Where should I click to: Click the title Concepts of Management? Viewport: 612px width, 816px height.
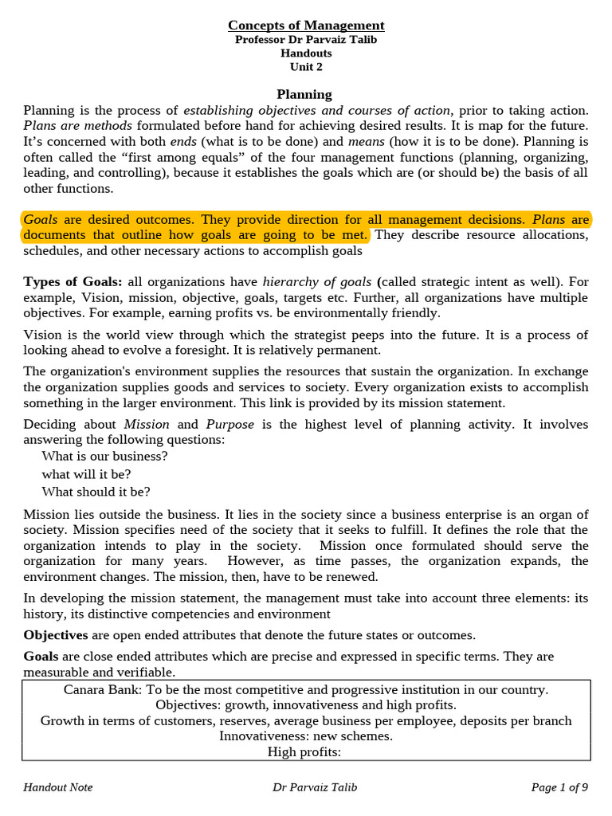point(306,25)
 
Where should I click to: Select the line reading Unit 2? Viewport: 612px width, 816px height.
point(306,67)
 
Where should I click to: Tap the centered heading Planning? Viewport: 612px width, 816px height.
point(304,95)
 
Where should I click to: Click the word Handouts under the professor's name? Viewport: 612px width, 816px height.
point(306,53)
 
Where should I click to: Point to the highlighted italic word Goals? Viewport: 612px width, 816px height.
point(41,219)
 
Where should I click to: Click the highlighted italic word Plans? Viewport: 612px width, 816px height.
point(549,219)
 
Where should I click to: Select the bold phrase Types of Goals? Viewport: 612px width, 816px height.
point(73,282)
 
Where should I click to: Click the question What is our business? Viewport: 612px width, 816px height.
point(105,457)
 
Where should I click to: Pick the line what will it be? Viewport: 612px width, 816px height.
point(86,474)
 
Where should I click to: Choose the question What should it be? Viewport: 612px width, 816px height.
point(96,492)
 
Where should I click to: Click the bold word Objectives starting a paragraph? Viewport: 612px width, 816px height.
point(56,635)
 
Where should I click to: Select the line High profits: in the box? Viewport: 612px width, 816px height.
point(306,751)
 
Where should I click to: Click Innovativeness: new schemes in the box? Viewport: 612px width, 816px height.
point(306,736)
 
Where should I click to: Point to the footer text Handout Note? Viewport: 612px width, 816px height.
point(58,787)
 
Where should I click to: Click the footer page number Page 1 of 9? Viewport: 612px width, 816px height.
point(559,787)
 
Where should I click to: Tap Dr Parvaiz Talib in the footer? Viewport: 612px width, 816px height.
point(315,787)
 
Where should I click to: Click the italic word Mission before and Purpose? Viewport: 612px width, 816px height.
point(147,424)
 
